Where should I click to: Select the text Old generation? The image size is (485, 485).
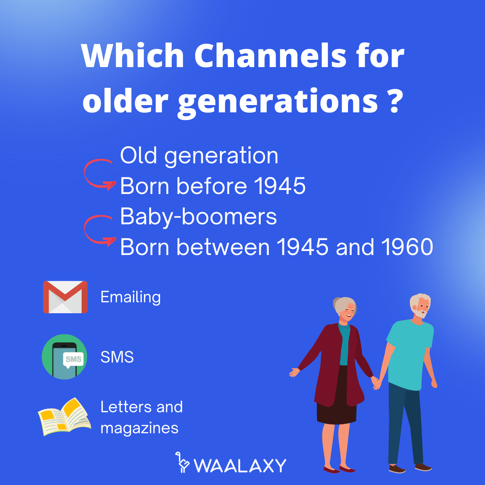[199, 156]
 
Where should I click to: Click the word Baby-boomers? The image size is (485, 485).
[198, 217]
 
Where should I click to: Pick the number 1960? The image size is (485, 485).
[407, 247]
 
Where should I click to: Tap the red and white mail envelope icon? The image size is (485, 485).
[65, 297]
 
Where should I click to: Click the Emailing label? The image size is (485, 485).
[131, 297]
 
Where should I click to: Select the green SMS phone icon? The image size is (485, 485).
[64, 356]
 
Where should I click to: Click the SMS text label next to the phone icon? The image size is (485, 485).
[117, 357]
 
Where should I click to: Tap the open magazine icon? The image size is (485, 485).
[64, 417]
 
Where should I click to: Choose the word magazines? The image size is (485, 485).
[139, 428]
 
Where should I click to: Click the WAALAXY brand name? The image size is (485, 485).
[240, 466]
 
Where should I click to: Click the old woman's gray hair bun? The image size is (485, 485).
[337, 305]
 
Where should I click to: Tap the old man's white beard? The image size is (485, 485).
[420, 313]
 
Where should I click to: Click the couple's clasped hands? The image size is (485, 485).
[377, 382]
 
